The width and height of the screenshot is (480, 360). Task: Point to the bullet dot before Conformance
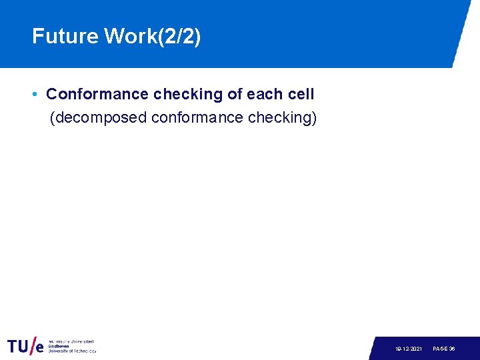click(x=35, y=95)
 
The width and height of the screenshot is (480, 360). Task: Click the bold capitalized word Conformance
click(x=97, y=95)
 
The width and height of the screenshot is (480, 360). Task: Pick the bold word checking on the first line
click(x=189, y=95)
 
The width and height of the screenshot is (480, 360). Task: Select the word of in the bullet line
click(x=235, y=95)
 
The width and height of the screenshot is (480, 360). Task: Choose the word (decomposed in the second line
click(x=99, y=118)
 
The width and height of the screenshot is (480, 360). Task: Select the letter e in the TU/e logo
click(x=39, y=348)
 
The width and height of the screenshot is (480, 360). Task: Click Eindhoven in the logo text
click(x=59, y=346)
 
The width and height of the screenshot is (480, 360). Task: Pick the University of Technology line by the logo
click(x=71, y=351)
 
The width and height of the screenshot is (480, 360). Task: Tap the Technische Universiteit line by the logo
click(x=71, y=341)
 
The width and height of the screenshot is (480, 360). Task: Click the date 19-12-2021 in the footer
click(x=408, y=349)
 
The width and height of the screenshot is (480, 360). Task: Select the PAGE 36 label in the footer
click(x=444, y=349)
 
